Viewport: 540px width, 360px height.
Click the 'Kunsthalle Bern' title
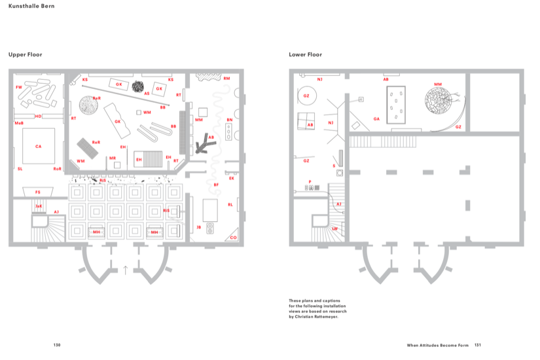pyautogui.click(x=31, y=6)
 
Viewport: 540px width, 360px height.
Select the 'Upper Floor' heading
pyautogui.click(x=26, y=54)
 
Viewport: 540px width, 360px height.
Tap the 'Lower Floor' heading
pyautogui.click(x=306, y=54)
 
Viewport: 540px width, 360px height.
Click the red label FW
pyautogui.click(x=19, y=86)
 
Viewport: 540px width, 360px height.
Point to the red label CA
pyautogui.click(x=38, y=147)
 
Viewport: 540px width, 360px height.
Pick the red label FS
pyautogui.click(x=37, y=192)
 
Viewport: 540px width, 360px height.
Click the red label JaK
pyautogui.click(x=39, y=206)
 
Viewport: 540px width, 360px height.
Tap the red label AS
pyautogui.click(x=147, y=94)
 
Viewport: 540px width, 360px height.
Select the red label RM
pyautogui.click(x=226, y=79)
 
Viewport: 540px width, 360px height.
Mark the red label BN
pyautogui.click(x=229, y=120)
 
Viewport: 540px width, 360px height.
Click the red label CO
pyautogui.click(x=233, y=237)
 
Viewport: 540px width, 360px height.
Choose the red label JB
pyautogui.click(x=198, y=226)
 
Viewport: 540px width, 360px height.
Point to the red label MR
pyautogui.click(x=113, y=158)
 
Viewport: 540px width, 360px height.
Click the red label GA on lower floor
pyautogui.click(x=376, y=118)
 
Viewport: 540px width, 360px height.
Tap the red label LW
pyautogui.click(x=334, y=228)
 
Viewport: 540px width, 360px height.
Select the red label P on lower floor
pyautogui.click(x=310, y=181)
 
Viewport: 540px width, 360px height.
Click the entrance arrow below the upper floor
pyautogui.click(x=126, y=270)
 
